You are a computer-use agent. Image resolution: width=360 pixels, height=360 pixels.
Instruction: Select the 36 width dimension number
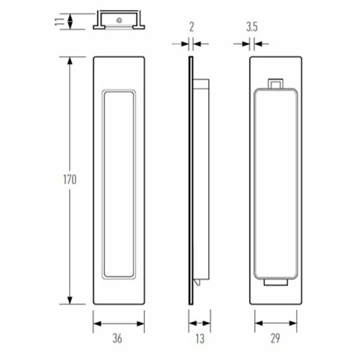(120, 338)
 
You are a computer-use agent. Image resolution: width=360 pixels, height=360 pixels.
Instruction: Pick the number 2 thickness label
(191, 27)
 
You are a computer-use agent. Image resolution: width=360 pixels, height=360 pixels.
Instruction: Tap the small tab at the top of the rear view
(274, 84)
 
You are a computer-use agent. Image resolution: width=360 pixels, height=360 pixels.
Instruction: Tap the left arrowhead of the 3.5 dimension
(247, 44)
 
